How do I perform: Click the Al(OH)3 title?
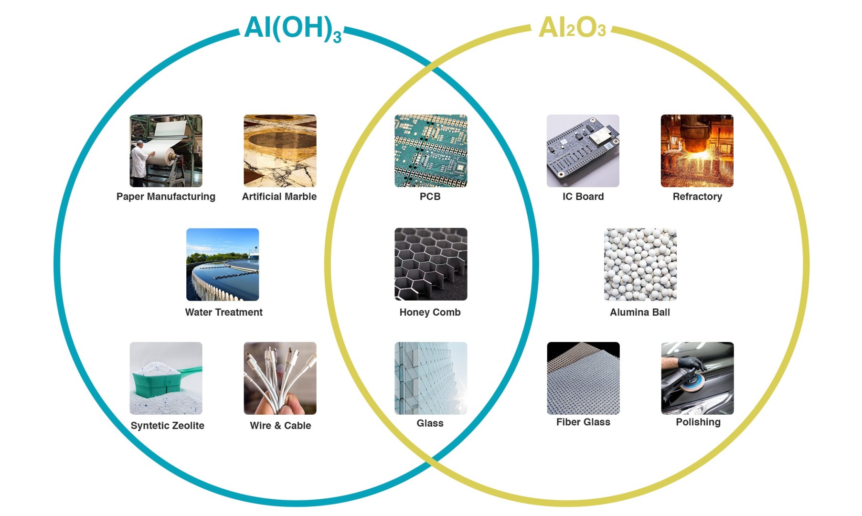293,29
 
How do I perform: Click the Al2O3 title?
572,28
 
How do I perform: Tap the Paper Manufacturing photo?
166,150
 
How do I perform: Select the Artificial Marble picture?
280,150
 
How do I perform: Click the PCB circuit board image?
431,150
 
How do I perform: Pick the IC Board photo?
583,150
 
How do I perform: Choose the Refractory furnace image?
697,150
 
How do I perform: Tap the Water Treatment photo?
223,264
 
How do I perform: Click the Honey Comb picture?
431,264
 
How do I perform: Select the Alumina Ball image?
640,264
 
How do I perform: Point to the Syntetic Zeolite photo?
166,378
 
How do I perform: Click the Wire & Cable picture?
280,378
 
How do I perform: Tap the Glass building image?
431,378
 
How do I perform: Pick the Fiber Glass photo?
583,378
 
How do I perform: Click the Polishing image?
697,378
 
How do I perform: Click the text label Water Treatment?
223,312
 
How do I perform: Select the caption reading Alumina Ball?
640,312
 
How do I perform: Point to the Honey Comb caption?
430,312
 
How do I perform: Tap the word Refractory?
697,197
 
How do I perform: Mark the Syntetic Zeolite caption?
167,426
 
